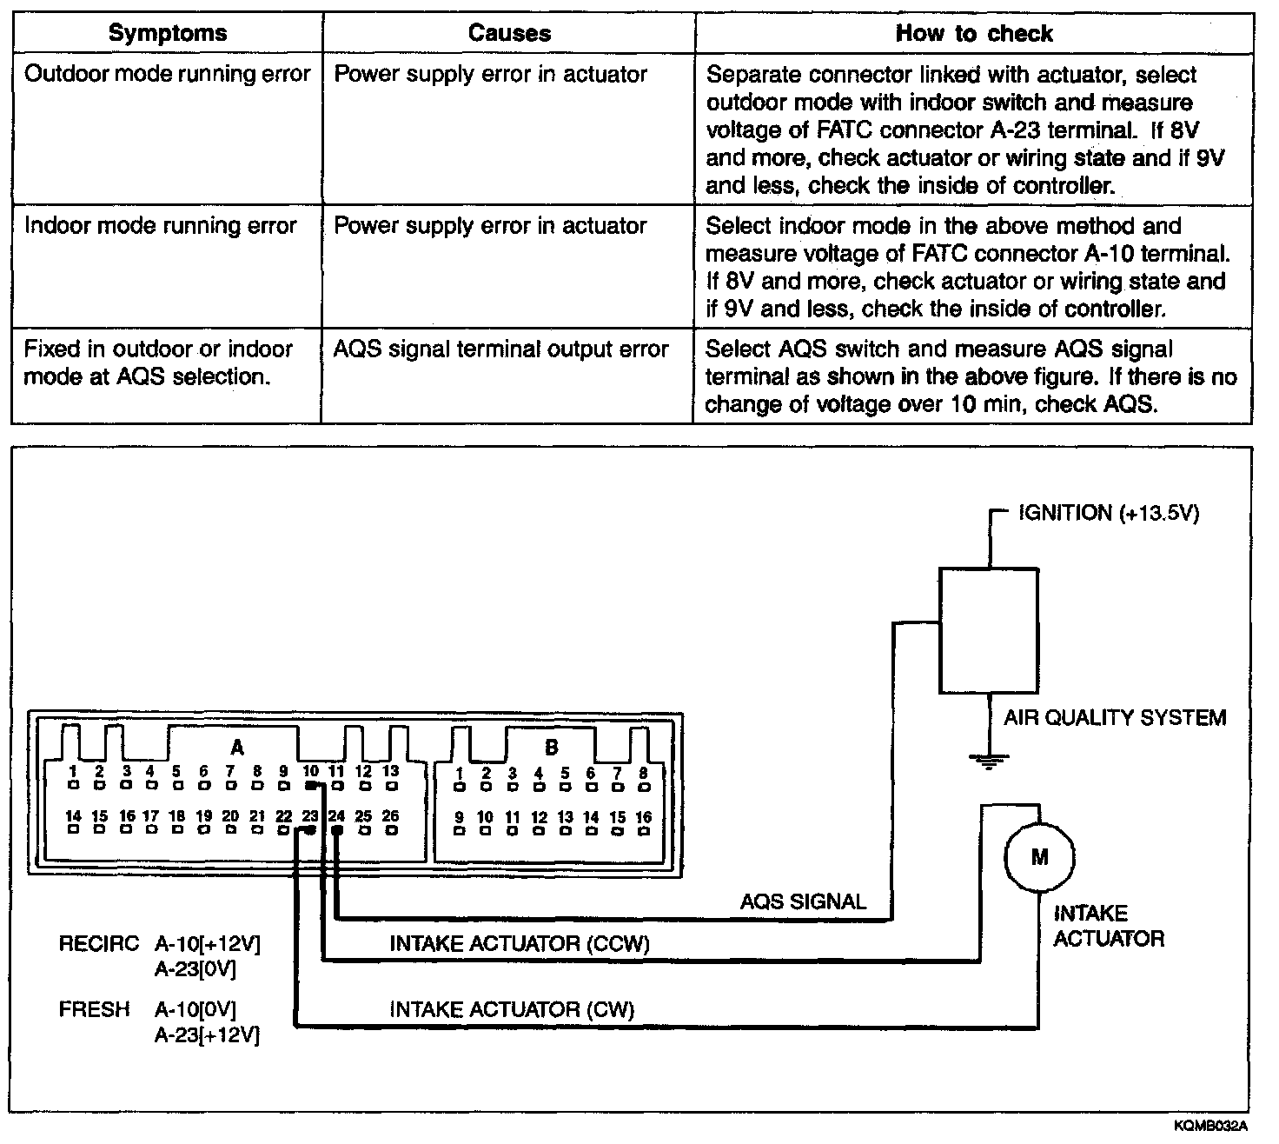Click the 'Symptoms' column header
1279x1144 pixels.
167,34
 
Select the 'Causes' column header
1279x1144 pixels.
508,34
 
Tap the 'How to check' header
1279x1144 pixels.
973,34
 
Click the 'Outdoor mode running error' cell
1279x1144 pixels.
167,74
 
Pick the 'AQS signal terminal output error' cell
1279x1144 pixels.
501,349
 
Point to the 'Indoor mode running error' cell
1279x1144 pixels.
161,226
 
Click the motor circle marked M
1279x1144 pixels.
1038,857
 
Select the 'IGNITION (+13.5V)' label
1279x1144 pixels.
1108,513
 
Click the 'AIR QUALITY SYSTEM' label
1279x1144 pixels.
1115,718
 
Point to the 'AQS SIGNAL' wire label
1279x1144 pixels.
803,901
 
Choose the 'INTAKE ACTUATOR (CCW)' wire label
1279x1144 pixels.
520,943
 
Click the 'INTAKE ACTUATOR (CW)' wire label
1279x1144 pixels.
512,1009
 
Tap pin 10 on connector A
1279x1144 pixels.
311,785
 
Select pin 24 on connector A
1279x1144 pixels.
337,830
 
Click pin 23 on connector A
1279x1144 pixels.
309,830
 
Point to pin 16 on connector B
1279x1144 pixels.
644,830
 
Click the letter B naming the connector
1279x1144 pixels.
552,748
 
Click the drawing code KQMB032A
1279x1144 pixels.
1210,1126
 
